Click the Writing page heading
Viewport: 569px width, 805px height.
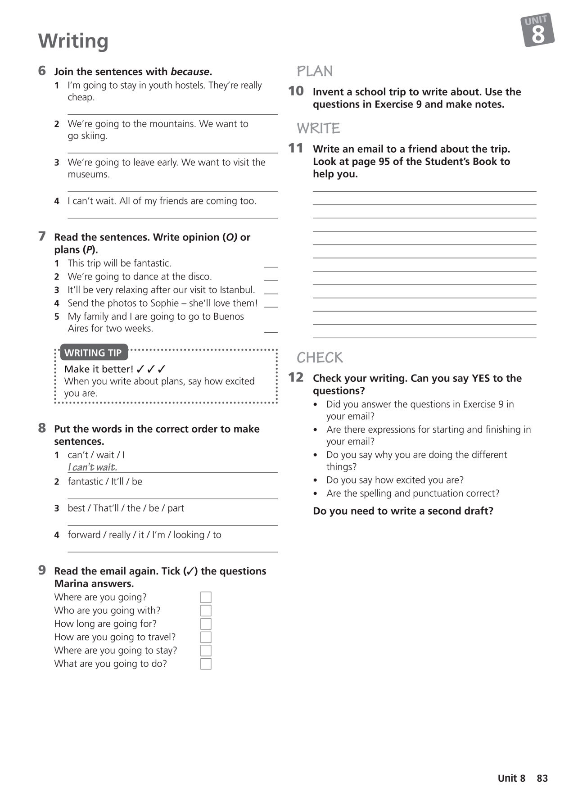click(73, 41)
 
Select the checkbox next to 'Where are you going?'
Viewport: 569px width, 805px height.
click(206, 597)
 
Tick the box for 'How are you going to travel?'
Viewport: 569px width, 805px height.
click(206, 637)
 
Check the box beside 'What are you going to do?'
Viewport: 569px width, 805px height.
click(206, 664)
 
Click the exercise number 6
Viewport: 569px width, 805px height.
click(42, 71)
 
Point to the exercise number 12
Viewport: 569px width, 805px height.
click(296, 377)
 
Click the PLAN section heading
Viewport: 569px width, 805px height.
click(315, 71)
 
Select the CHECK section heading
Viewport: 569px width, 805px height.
click(320, 358)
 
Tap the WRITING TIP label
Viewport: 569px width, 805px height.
click(93, 353)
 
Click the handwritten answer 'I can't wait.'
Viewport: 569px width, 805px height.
click(92, 467)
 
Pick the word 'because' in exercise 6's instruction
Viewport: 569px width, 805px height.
click(190, 72)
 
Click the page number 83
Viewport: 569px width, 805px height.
click(542, 778)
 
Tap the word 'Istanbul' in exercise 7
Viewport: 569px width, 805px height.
click(237, 290)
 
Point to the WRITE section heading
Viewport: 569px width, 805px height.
click(318, 129)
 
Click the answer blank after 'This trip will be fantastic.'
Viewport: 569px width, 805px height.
click(271, 265)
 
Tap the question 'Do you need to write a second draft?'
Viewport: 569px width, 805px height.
click(403, 511)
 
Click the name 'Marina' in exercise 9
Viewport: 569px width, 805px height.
click(72, 584)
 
